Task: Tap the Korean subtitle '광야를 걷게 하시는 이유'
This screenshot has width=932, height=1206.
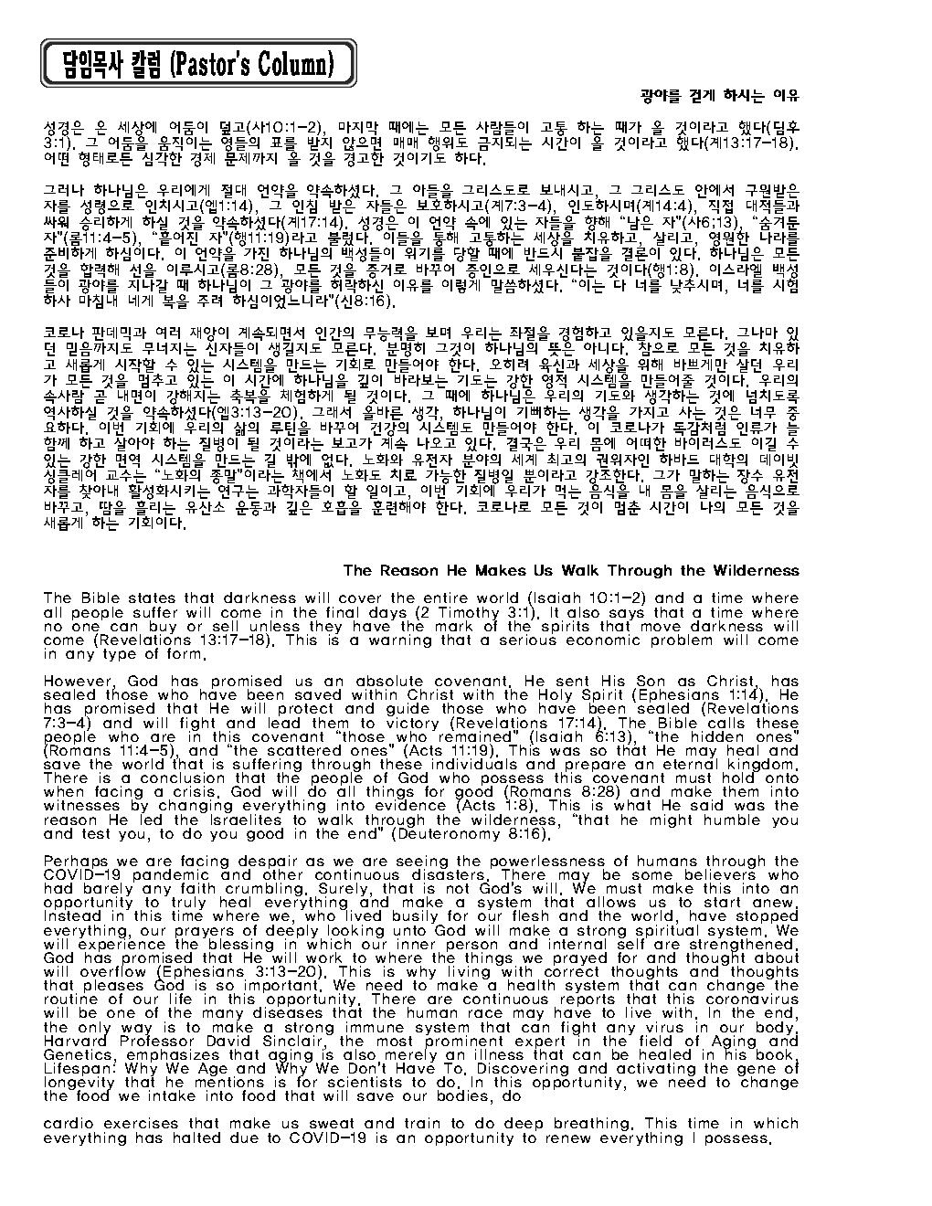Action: coord(719,95)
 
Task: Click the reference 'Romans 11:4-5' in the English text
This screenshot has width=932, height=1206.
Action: coord(102,750)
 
